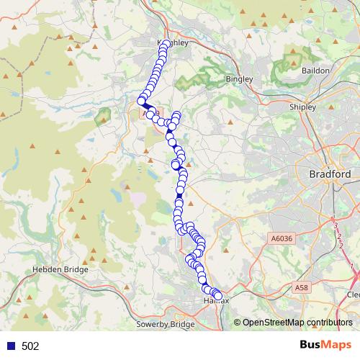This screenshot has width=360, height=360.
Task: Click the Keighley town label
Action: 173,43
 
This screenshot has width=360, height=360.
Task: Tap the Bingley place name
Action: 238,78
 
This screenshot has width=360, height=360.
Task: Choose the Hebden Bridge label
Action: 60,269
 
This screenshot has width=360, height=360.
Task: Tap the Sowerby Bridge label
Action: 166,325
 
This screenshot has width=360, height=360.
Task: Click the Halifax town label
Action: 216,300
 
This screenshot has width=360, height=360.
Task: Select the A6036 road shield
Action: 282,238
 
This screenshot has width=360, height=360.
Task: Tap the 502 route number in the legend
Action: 30,346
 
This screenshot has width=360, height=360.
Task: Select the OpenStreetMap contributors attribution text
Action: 297,322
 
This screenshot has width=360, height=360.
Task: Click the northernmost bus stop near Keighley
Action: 166,45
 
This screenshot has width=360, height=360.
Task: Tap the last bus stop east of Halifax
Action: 218,296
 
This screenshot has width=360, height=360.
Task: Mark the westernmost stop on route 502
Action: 142,102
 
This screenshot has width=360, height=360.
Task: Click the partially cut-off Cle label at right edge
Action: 353,294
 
